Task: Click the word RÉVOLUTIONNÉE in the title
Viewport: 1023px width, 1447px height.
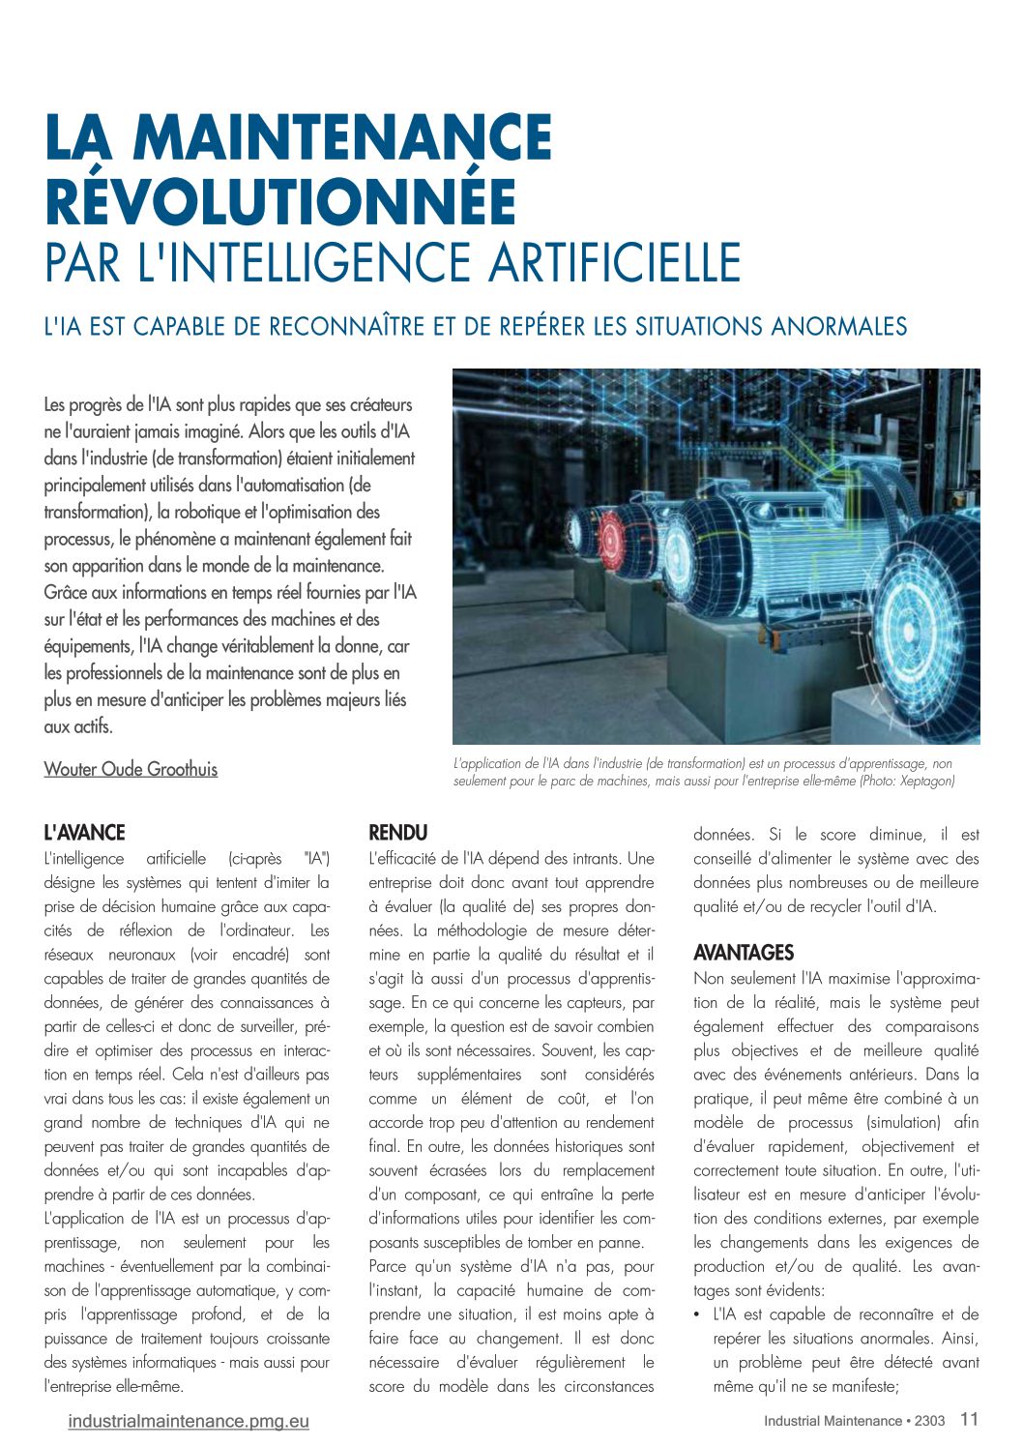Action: (x=280, y=200)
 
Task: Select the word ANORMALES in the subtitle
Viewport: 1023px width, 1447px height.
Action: (x=838, y=327)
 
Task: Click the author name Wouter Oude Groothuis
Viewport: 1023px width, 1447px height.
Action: (x=131, y=769)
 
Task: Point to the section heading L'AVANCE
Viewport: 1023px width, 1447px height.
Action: (x=85, y=833)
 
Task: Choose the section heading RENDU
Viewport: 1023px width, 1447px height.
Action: (x=397, y=833)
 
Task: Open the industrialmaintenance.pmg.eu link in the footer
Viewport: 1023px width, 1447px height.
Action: (x=189, y=1421)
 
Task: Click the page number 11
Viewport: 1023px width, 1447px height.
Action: (x=969, y=1419)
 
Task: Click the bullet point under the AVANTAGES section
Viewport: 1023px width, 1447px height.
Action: (x=698, y=1314)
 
